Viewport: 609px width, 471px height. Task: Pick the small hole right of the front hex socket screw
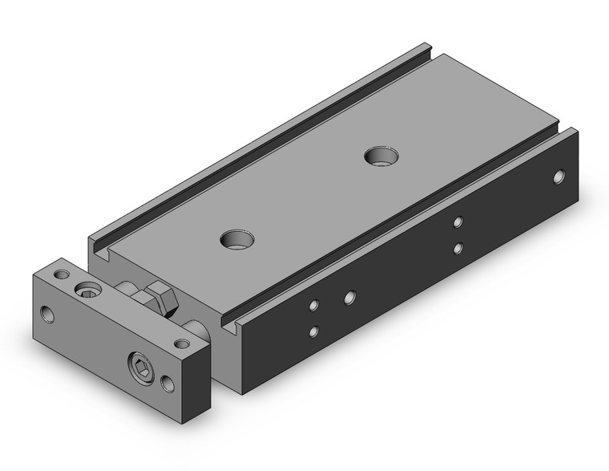[x=168, y=384]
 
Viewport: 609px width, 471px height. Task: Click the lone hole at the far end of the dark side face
[x=559, y=175]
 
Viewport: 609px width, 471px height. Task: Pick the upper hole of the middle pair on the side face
[x=458, y=222]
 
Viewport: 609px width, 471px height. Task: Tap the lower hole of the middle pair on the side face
[x=457, y=248]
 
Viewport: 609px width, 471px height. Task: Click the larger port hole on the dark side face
[x=349, y=298]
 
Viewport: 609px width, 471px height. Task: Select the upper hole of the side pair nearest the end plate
[x=314, y=305]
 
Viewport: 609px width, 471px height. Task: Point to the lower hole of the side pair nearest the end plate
[x=313, y=331]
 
